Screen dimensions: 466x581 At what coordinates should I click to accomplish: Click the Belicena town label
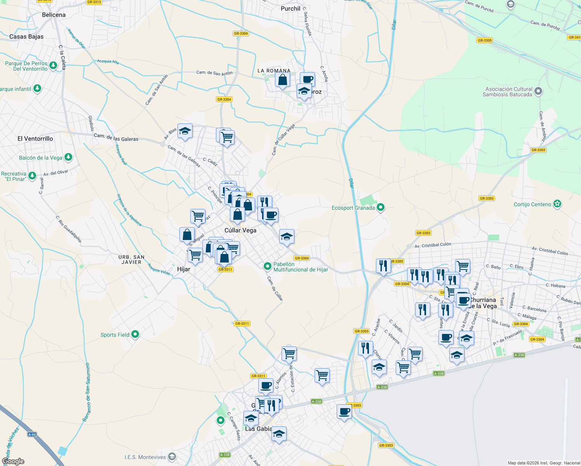click(x=54, y=15)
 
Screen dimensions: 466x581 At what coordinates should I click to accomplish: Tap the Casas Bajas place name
click(x=26, y=37)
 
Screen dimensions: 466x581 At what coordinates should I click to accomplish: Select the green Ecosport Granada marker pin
click(x=381, y=207)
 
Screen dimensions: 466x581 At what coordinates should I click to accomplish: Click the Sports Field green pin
click(x=135, y=334)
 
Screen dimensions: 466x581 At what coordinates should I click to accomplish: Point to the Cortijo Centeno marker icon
click(x=557, y=204)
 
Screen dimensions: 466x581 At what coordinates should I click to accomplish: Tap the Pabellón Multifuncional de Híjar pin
click(x=267, y=266)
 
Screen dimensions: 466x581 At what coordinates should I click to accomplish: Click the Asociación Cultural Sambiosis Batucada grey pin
click(x=538, y=91)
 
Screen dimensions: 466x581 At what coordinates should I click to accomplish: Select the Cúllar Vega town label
click(x=240, y=230)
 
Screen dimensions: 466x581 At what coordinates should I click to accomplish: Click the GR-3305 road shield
click(x=485, y=40)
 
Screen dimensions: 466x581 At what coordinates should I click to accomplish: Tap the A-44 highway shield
click(x=32, y=435)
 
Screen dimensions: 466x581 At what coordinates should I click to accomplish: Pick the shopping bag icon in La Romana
click(x=282, y=80)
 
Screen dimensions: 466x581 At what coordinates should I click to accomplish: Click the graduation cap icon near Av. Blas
click(x=185, y=131)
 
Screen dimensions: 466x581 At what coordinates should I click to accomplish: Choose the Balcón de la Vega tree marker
click(x=68, y=157)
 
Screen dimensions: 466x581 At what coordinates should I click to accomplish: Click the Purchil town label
click(x=290, y=9)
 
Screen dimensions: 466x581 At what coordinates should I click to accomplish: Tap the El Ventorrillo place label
click(x=35, y=139)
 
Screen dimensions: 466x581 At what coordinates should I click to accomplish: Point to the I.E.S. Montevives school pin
click(x=172, y=457)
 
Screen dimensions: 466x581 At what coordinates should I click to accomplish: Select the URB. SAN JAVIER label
click(x=131, y=259)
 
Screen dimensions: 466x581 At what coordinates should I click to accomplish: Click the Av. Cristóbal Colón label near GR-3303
click(x=433, y=245)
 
